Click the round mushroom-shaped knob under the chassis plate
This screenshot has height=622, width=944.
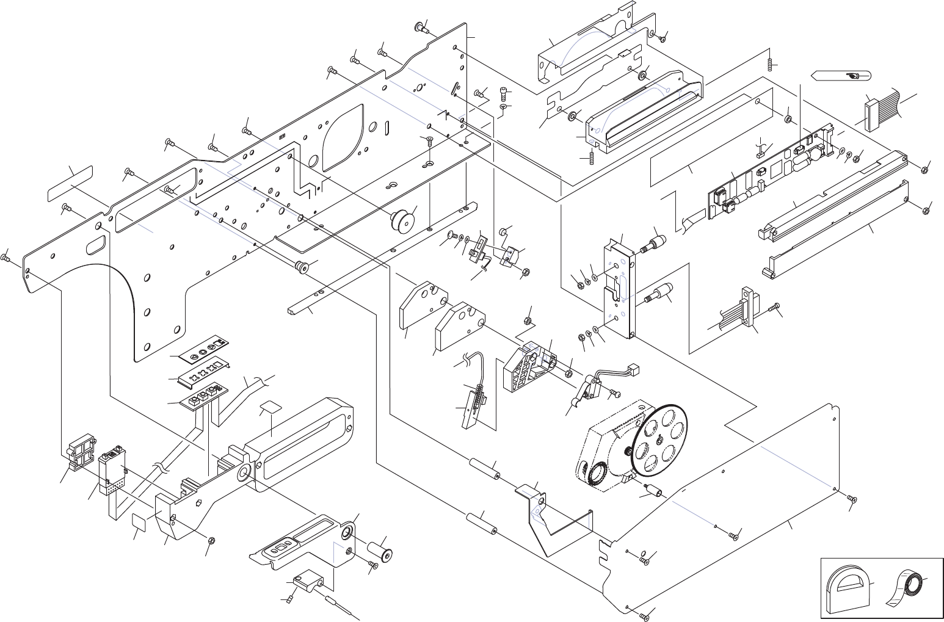coord(402,219)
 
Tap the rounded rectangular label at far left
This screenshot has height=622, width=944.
coord(71,183)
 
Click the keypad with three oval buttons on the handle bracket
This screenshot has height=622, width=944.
coord(283,546)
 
